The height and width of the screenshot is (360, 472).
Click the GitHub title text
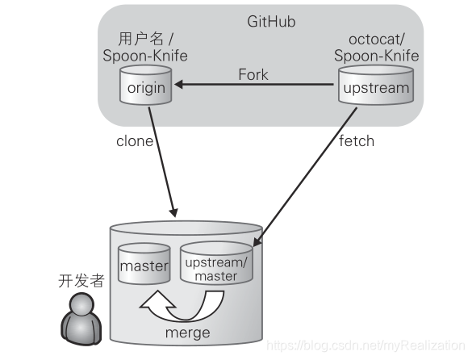pyautogui.click(x=271, y=22)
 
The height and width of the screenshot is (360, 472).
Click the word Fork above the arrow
pyautogui.click(x=253, y=75)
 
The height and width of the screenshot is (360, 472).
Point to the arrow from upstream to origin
pyautogui.click(x=258, y=84)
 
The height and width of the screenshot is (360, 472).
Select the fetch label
pyautogui.click(x=357, y=140)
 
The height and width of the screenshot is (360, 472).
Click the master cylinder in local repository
pyautogui.click(x=144, y=265)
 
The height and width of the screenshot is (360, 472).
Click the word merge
pyautogui.click(x=189, y=333)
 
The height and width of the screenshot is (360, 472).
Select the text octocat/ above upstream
pyautogui.click(x=377, y=40)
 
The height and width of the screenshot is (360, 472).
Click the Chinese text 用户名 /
pyautogui.click(x=146, y=40)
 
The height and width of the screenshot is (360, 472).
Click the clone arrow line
pyautogui.click(x=164, y=161)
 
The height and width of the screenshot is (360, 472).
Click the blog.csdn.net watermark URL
pyautogui.click(x=367, y=345)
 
